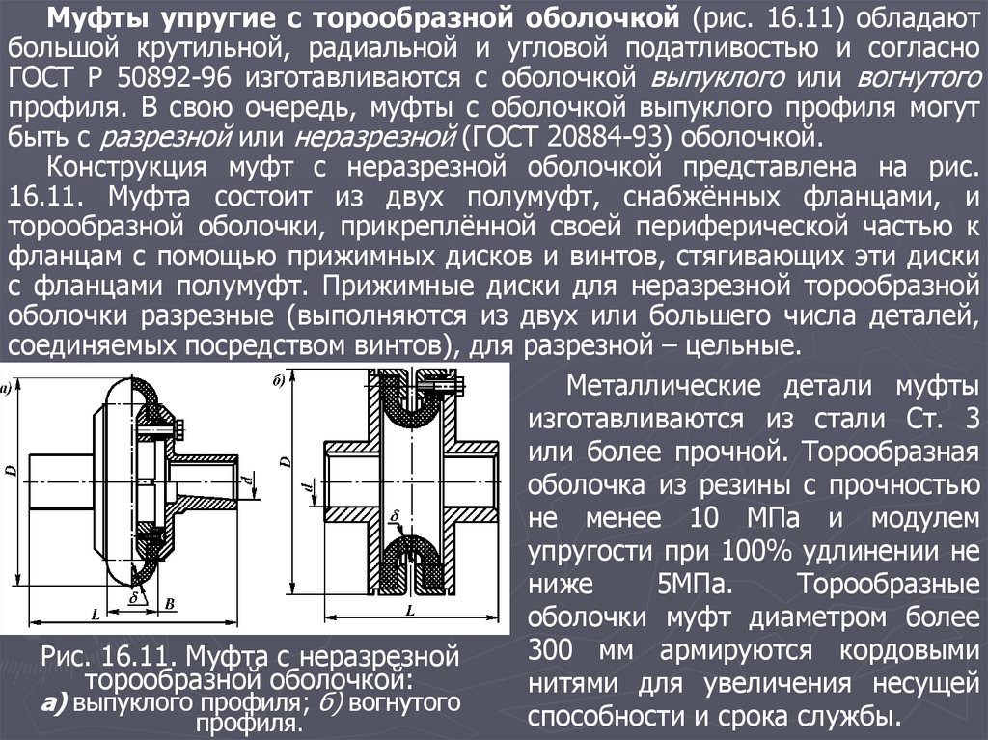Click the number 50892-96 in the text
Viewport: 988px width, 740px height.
pyautogui.click(x=174, y=78)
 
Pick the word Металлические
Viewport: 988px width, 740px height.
pyautogui.click(x=664, y=386)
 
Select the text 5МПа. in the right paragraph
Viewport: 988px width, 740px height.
pyautogui.click(x=695, y=585)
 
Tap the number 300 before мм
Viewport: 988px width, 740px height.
pyautogui.click(x=551, y=650)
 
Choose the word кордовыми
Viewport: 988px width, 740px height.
pyautogui.click(x=909, y=651)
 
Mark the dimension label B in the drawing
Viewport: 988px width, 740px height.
pyautogui.click(x=169, y=604)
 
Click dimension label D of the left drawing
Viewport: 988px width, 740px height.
pyautogui.click(x=12, y=471)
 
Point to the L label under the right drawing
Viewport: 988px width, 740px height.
pyautogui.click(x=410, y=610)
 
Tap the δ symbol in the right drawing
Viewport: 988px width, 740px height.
pyautogui.click(x=395, y=517)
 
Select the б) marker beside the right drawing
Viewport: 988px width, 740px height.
pyautogui.click(x=279, y=380)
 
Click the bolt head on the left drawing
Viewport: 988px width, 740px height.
pyautogui.click(x=180, y=428)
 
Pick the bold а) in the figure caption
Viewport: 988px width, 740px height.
pyautogui.click(x=55, y=702)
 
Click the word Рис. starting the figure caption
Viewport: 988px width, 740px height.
pyautogui.click(x=65, y=657)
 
